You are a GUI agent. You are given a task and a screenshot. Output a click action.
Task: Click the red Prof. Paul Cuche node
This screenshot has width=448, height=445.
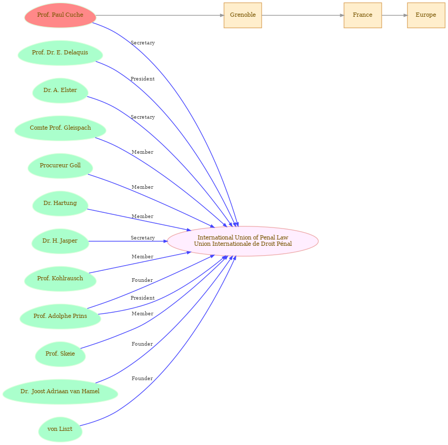pos(60,16)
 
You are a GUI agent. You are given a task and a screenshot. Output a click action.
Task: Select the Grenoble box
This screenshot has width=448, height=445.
pos(243,16)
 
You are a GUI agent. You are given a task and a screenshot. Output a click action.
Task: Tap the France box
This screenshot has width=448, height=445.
pos(363,16)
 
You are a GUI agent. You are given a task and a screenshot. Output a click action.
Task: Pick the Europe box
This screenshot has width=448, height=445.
pos(426,16)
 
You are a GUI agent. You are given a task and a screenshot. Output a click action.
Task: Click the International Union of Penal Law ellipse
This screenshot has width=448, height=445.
pos(243,241)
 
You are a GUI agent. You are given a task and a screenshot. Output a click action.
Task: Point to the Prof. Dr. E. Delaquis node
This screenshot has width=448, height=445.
pos(60,53)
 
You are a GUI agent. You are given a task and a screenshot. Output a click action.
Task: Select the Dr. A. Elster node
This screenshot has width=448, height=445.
pos(60,90)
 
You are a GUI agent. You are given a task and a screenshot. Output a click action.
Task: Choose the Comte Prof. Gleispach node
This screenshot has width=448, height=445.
pos(60,128)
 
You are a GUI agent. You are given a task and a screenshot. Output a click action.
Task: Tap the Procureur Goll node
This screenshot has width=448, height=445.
pos(60,166)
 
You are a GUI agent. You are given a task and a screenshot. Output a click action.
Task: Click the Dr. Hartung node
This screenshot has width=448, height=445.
pos(60,203)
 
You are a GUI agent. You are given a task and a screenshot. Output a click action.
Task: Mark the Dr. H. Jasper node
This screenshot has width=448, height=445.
pos(60,241)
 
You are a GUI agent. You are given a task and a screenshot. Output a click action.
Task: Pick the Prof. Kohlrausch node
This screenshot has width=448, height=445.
pos(60,279)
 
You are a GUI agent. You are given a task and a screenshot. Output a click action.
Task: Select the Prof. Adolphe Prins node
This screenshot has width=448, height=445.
pos(60,316)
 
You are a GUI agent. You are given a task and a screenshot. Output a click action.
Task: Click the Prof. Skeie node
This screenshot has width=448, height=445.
pos(60,354)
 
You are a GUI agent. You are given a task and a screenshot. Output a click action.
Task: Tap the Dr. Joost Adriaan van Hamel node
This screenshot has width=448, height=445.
pos(60,392)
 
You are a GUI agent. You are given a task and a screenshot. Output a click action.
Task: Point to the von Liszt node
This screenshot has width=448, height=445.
pos(60,429)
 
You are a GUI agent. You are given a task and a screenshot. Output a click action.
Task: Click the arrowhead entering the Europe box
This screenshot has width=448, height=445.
pos(405,16)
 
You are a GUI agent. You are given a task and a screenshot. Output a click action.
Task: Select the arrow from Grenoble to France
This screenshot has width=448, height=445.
pos(303,16)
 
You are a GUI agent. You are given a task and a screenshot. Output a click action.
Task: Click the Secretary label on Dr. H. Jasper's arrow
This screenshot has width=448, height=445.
pos(143,238)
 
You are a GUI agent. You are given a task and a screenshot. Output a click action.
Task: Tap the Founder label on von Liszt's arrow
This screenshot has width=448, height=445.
pos(142,379)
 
